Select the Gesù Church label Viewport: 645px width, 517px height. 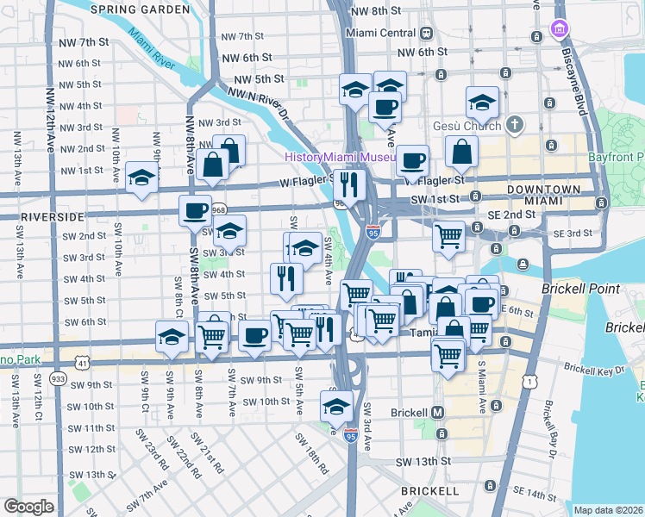472,124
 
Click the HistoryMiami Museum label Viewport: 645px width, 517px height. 340,158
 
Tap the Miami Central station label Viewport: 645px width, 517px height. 380,33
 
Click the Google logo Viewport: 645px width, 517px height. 28,507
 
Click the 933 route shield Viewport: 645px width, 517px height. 58,377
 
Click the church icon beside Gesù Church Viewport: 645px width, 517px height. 515,124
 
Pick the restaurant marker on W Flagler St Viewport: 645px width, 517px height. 349,184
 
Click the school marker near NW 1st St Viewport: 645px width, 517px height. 141,177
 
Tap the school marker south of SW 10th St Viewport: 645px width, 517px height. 335,403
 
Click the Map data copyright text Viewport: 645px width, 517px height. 609,510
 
